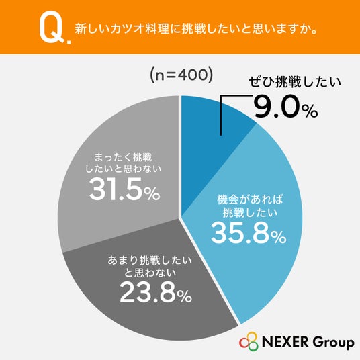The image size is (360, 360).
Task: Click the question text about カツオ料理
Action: pos(196,29)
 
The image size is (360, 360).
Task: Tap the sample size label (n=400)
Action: pos(181,75)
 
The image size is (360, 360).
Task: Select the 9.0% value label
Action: pos(285,107)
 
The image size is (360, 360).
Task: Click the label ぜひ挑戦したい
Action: pos(294,83)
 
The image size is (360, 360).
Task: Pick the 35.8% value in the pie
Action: pos(249,234)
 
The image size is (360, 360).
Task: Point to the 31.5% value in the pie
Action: pos(125,191)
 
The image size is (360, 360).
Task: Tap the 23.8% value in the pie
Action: pos(155,292)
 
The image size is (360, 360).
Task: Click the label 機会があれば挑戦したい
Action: pos(250,206)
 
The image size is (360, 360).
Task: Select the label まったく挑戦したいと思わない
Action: pos(124,163)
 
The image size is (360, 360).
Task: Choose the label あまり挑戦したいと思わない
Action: pos(150,267)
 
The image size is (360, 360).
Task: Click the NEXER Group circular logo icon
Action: pos(249,342)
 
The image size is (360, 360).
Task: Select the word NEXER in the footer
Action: pos(285,342)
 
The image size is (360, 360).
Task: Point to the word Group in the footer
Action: pos(333,343)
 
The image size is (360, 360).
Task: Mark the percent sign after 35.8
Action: pos(279,237)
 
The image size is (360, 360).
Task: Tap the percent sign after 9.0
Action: pos(310,111)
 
